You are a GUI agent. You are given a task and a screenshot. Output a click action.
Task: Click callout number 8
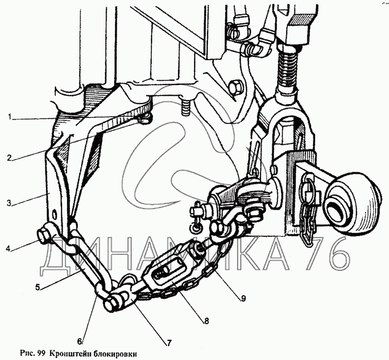pos(206,321)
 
